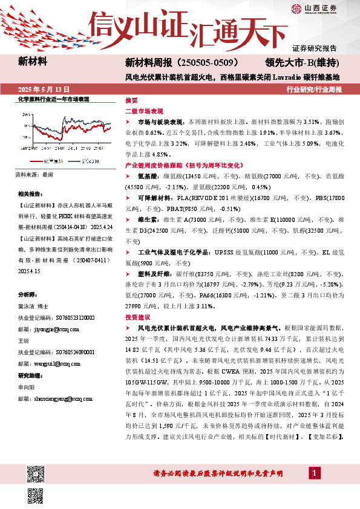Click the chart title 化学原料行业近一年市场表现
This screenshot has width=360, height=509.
click(x=53, y=99)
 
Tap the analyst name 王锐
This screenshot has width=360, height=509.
click(x=24, y=341)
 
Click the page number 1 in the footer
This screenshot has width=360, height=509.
click(x=315, y=472)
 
